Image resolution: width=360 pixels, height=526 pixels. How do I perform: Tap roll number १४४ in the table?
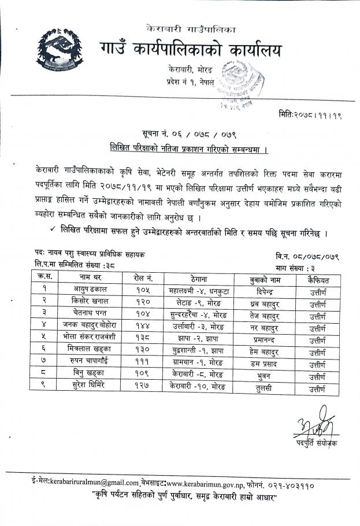(139, 327)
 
